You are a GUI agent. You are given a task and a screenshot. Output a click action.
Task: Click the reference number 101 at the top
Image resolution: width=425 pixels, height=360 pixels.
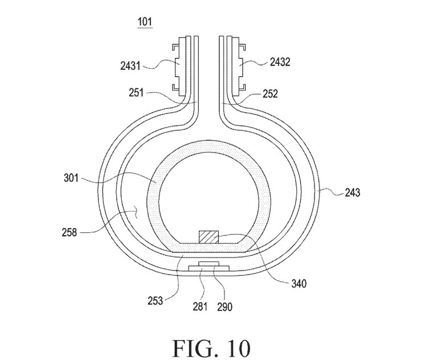145,22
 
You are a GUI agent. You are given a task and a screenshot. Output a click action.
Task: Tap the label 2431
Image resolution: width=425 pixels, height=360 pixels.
130,66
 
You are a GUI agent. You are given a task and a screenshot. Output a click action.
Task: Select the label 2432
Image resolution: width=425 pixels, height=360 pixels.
280,62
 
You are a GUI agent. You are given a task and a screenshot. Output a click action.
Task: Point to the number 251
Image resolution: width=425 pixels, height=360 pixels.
136,93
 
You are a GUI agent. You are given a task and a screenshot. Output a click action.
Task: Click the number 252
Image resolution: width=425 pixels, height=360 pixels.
270,94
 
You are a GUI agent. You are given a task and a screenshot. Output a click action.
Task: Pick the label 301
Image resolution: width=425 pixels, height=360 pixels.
71,178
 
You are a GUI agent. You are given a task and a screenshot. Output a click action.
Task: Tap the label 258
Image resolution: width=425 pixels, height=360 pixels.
70,232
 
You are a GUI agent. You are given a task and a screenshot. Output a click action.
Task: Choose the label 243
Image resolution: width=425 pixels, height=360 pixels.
352,193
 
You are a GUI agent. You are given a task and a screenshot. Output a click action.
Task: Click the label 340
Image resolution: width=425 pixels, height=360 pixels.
299,284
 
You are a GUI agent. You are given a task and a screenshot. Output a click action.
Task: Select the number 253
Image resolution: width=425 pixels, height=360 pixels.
156,301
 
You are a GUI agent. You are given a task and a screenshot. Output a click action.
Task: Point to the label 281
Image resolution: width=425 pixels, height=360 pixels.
200,306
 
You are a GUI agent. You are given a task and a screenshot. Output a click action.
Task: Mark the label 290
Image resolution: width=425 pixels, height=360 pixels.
224,306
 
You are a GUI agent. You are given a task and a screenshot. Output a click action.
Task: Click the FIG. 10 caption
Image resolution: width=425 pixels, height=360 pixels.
211,349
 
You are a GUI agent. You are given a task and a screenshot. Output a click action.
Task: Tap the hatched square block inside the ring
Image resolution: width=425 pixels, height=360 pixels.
209,237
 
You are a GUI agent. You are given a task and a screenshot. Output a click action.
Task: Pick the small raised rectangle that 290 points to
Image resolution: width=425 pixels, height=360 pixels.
208,263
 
